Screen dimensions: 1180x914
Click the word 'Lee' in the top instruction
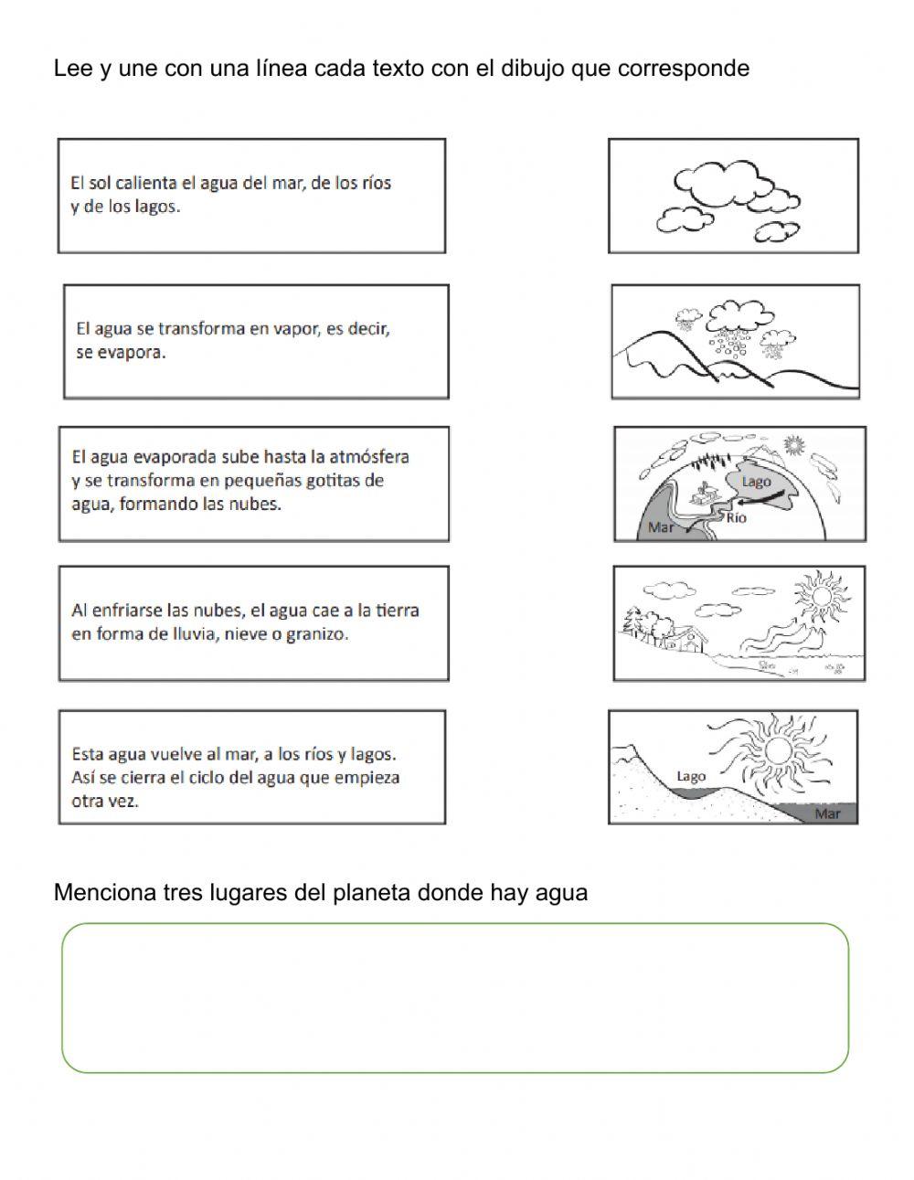(x=69, y=69)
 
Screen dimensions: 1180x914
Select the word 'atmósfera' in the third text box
(x=368, y=456)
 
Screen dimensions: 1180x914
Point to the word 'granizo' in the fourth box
(x=319, y=633)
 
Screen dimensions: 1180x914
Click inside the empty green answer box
(x=455, y=997)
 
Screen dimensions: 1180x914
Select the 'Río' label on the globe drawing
(x=737, y=518)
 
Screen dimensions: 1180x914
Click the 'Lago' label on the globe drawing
(x=757, y=482)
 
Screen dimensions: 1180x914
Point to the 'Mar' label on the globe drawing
(x=660, y=527)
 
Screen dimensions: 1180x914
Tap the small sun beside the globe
(x=793, y=445)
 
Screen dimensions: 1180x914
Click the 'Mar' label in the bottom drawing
(x=827, y=813)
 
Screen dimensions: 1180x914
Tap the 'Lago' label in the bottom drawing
(x=691, y=776)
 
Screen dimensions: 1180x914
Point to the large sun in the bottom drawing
(x=778, y=750)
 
